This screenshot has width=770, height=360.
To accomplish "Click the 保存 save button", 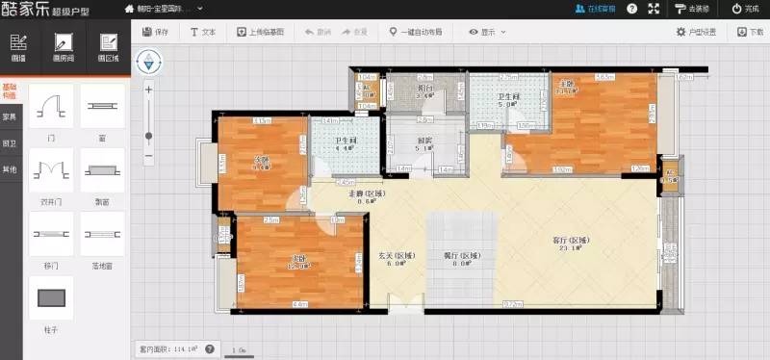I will pos(155,32).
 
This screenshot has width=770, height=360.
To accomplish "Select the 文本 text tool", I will pos(203,32).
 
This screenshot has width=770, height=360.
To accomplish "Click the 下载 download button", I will pos(750,32).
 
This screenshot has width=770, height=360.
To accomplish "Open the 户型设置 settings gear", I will pos(696,32).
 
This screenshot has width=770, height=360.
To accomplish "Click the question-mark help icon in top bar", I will pos(657,9).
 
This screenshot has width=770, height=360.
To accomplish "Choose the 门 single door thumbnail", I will pos(50,106).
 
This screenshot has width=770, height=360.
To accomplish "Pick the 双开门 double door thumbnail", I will pos(50,170).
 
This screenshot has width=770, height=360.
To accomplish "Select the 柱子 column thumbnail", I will pos(50,298).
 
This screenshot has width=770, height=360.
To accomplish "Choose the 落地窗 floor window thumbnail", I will pos(102,234).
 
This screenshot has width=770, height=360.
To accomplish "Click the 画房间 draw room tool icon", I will pos(64,44).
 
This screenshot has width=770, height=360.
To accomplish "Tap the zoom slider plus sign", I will pos(148,89).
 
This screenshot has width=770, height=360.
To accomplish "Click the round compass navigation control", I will pos(148,64).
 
